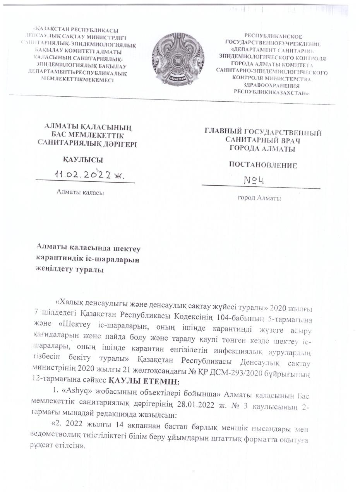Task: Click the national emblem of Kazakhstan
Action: click(178, 59)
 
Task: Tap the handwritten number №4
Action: click(254, 180)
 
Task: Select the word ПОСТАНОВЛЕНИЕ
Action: click(263, 166)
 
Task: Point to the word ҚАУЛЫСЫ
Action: click(83, 160)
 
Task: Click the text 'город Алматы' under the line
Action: click(259, 198)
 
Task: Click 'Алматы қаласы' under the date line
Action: click(80, 192)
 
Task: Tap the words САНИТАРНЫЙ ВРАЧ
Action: click(263, 140)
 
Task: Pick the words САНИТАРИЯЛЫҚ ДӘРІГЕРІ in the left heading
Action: click(87, 143)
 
